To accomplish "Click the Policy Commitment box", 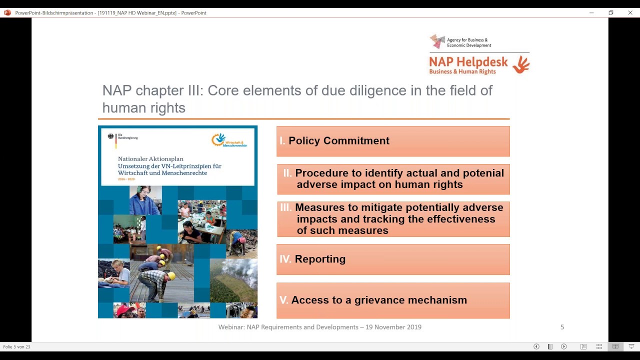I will (393, 141).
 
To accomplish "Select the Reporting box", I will (393, 259).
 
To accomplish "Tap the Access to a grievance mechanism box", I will (393, 300).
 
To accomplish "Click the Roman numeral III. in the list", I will (286, 207).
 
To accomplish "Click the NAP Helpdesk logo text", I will (468, 62).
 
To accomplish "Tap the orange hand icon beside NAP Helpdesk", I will (521, 64).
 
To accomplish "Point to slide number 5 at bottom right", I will (562, 327).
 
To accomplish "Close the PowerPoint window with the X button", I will (630, 12).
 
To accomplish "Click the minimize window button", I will (591, 12).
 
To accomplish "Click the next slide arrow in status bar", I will (563, 346).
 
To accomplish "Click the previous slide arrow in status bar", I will (536, 346).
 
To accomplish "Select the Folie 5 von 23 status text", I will (16, 346).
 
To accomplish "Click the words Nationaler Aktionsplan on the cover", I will (150, 158).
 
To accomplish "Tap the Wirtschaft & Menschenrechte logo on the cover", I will (229, 140).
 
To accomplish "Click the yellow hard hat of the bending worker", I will (171, 276).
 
